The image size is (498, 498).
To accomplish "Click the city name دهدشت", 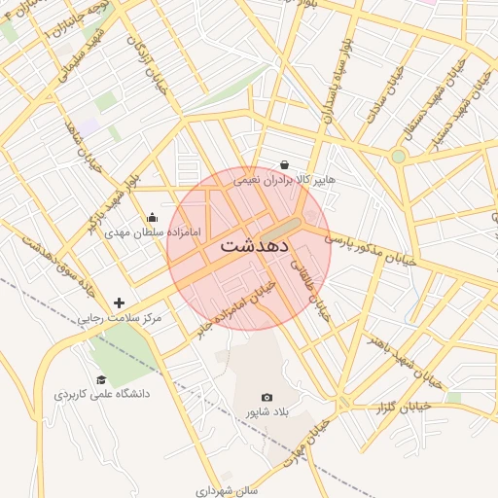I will pos(254,246).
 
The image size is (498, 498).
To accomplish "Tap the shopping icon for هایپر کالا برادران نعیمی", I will pos(284,165).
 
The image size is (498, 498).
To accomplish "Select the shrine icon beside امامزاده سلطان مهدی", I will pos(152,218).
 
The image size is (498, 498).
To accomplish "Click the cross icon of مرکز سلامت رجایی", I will pos(120,303).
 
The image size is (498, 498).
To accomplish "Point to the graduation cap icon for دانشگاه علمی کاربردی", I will pos(101,380).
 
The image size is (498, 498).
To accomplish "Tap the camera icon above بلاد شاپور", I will pos(267,397).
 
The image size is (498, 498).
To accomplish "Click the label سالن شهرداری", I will pos(226,491).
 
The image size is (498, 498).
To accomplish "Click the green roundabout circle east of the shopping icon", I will pos(398,156).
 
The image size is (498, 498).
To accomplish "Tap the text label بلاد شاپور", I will pos(267,413).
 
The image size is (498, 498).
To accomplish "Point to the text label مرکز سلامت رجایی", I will pos(121,319).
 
